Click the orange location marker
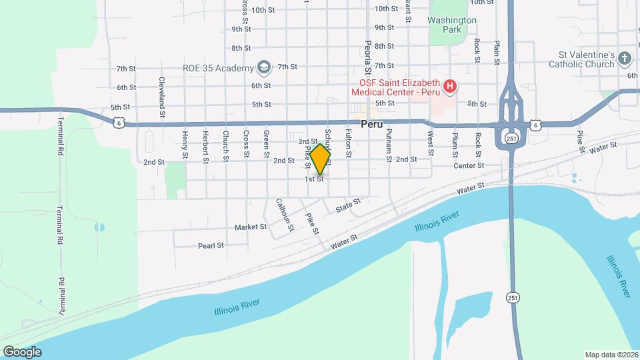[x=320, y=159]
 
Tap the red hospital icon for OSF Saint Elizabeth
[x=450, y=86]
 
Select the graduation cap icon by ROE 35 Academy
[x=264, y=67]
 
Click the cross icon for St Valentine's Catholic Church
[x=625, y=59]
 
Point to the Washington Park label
[x=453, y=25]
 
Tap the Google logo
[x=22, y=351]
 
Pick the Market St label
[x=251, y=227]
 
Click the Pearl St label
[x=211, y=246]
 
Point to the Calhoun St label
[x=285, y=215]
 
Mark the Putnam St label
[x=389, y=145]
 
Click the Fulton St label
[x=348, y=143]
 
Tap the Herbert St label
[x=206, y=147]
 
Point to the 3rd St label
[x=307, y=141]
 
